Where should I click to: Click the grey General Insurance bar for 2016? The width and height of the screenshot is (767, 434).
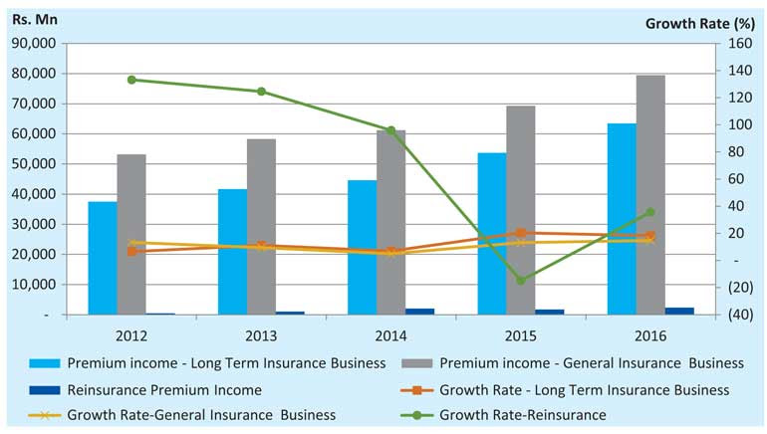click(650, 194)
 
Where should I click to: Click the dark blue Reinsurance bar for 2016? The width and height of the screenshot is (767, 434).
click(679, 311)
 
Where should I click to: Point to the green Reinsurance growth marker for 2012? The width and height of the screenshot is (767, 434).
click(131, 80)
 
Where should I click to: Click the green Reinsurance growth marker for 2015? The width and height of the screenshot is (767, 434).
click(521, 281)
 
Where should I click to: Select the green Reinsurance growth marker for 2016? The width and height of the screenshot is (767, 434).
click(650, 212)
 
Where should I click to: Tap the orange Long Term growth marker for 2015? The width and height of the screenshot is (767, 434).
click(521, 233)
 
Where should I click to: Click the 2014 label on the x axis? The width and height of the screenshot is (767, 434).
click(390, 335)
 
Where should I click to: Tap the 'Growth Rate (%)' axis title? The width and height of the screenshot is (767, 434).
click(702, 22)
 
